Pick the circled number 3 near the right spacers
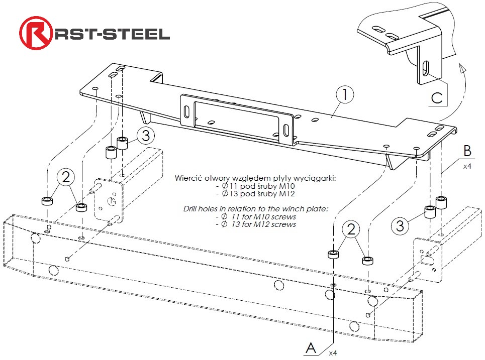tap(400, 226)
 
